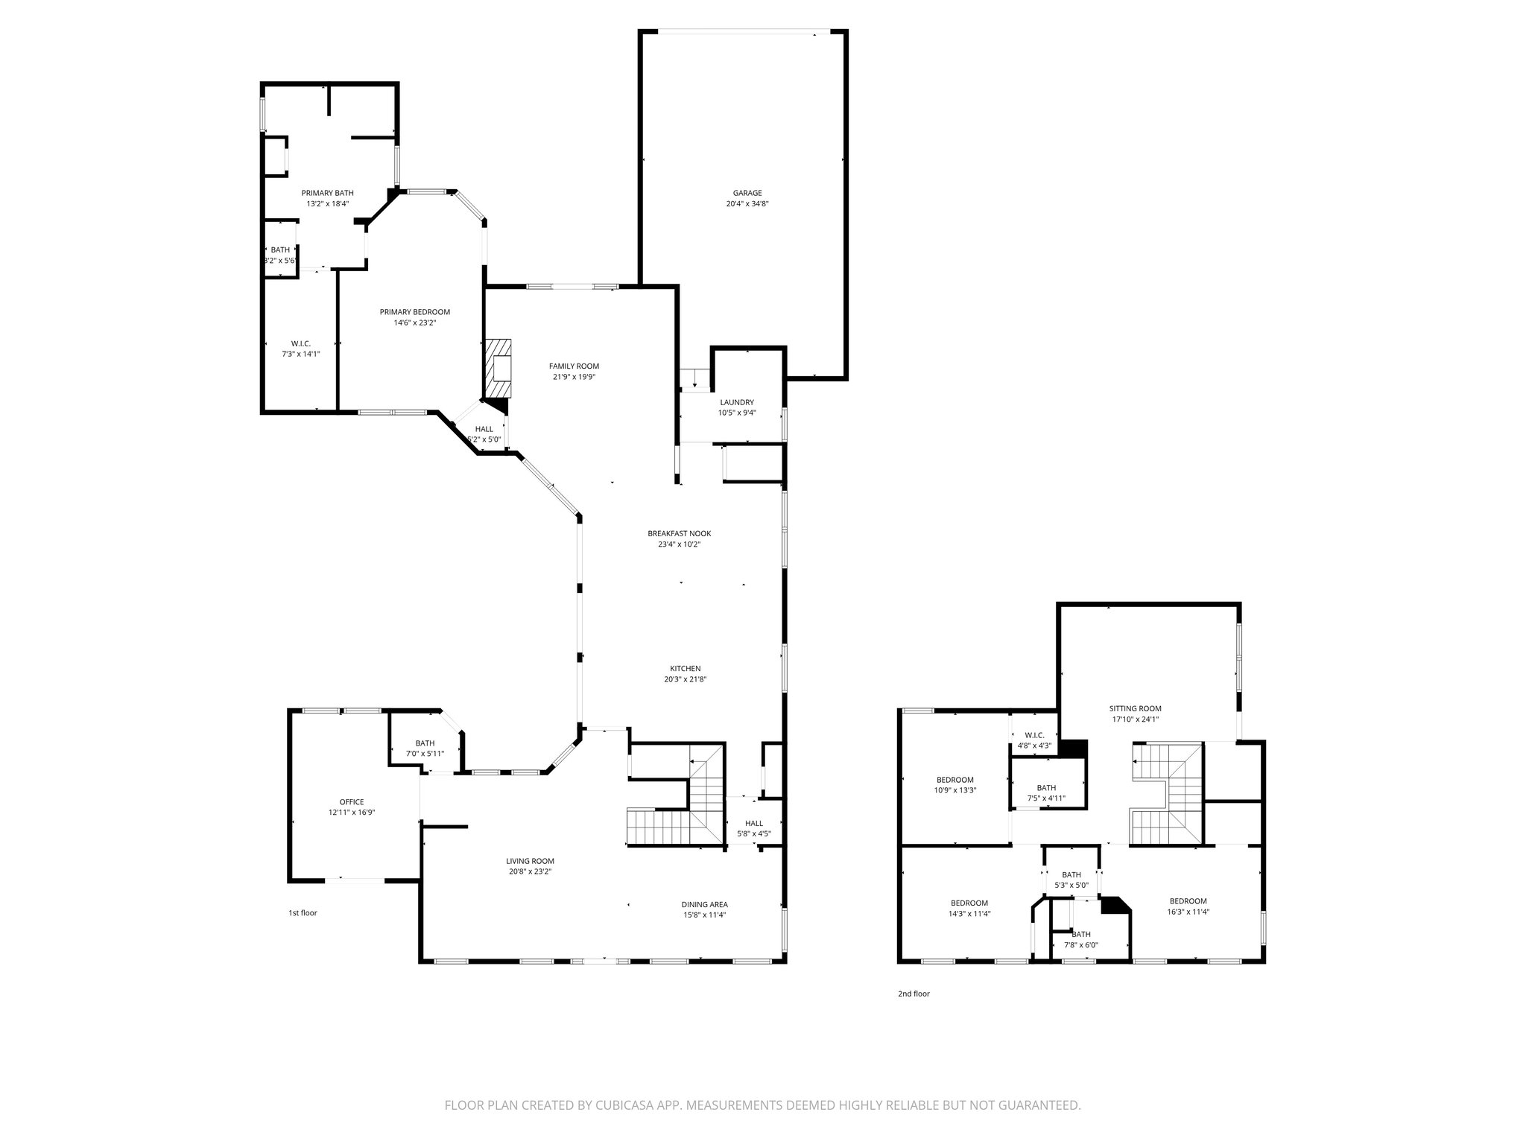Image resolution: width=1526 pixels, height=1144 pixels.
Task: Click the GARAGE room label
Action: pos(747,193)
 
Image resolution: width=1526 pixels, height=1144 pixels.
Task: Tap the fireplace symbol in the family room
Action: pos(498,369)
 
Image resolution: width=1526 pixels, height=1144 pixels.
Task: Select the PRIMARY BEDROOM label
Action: pos(414,312)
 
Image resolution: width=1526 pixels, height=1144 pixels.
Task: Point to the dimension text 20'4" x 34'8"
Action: pos(747,204)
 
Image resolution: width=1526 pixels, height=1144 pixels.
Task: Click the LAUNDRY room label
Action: pos(736,402)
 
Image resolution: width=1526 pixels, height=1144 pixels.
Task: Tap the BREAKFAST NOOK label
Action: pos(679,533)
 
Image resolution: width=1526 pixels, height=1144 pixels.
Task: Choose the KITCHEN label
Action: pos(684,669)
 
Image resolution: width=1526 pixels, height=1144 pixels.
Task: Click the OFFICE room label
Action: pos(351,802)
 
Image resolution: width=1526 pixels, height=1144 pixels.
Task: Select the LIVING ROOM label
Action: pos(530,861)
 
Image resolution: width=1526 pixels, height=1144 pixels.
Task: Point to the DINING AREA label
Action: pos(704,904)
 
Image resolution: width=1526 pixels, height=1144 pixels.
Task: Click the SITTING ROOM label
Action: pos(1135,708)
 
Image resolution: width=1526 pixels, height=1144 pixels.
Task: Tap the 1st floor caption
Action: pos(303,912)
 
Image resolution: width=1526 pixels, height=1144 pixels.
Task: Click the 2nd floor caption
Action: pos(914,994)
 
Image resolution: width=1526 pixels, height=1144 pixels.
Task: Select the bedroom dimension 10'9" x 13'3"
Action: pos(954,790)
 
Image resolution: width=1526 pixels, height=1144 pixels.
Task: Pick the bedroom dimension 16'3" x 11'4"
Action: pos(1188,911)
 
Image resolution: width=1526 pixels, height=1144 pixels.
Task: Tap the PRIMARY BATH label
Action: pos(327,193)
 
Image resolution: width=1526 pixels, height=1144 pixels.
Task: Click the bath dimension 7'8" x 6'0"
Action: pos(1080,945)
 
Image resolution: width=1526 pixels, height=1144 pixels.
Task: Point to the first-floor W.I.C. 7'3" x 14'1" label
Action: pos(300,354)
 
